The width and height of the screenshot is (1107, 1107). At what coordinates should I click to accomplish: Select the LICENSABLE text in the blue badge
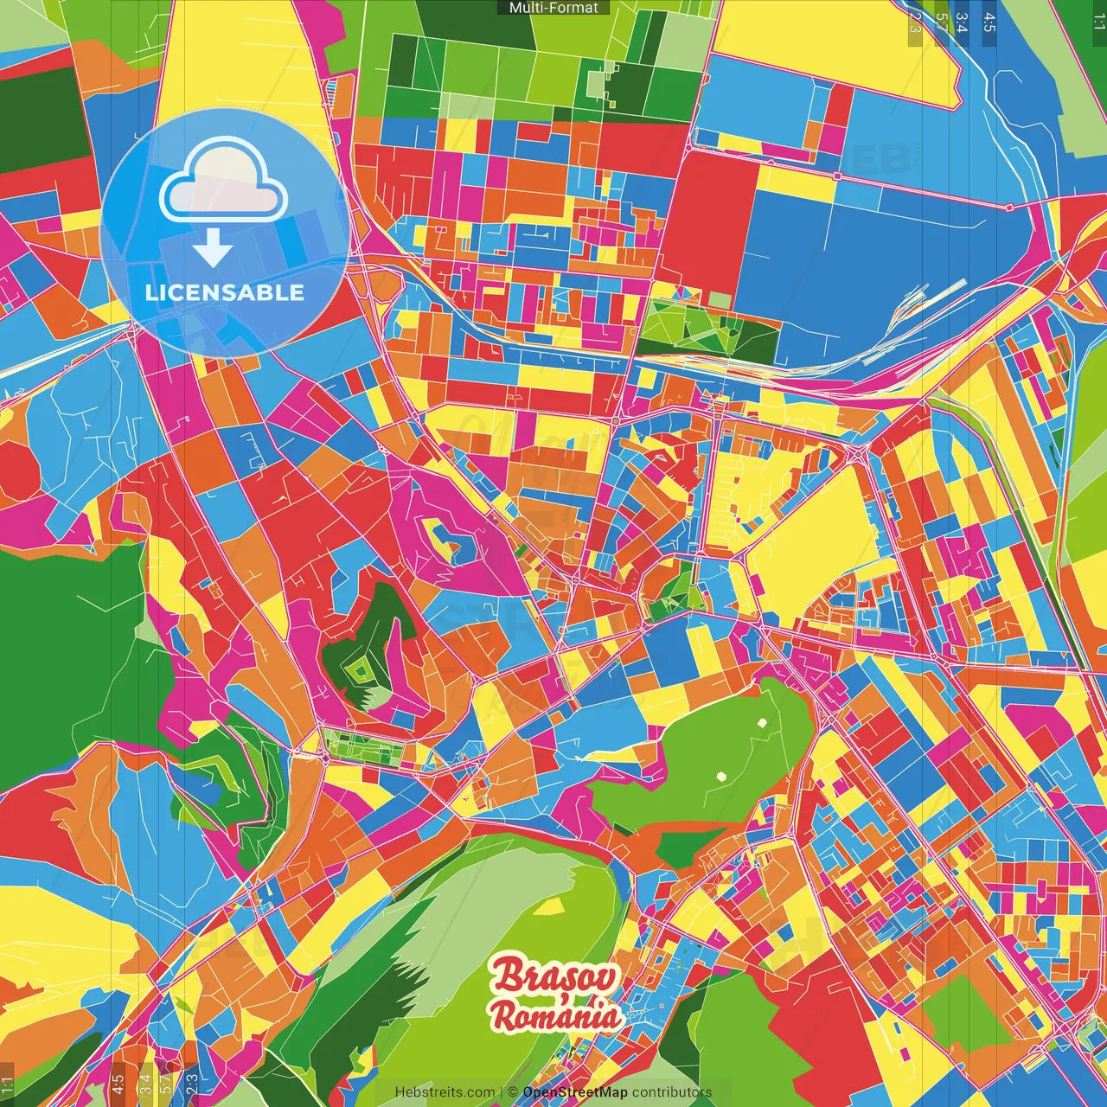coord(225,292)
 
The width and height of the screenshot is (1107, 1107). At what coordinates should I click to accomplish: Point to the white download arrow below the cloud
coord(213,248)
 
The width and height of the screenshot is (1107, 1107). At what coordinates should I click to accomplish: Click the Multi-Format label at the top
coord(553,8)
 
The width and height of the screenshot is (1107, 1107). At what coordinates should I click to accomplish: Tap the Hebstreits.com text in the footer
coord(445,1092)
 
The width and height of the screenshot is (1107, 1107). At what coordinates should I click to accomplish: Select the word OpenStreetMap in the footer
coord(575,1092)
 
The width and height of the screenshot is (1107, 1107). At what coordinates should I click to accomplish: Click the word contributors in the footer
coord(672,1092)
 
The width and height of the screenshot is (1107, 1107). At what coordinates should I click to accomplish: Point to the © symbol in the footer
coord(513,1092)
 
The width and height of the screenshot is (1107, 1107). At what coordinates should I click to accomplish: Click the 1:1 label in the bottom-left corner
coord(7,1085)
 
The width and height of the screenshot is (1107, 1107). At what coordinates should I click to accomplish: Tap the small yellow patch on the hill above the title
coord(548,906)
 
